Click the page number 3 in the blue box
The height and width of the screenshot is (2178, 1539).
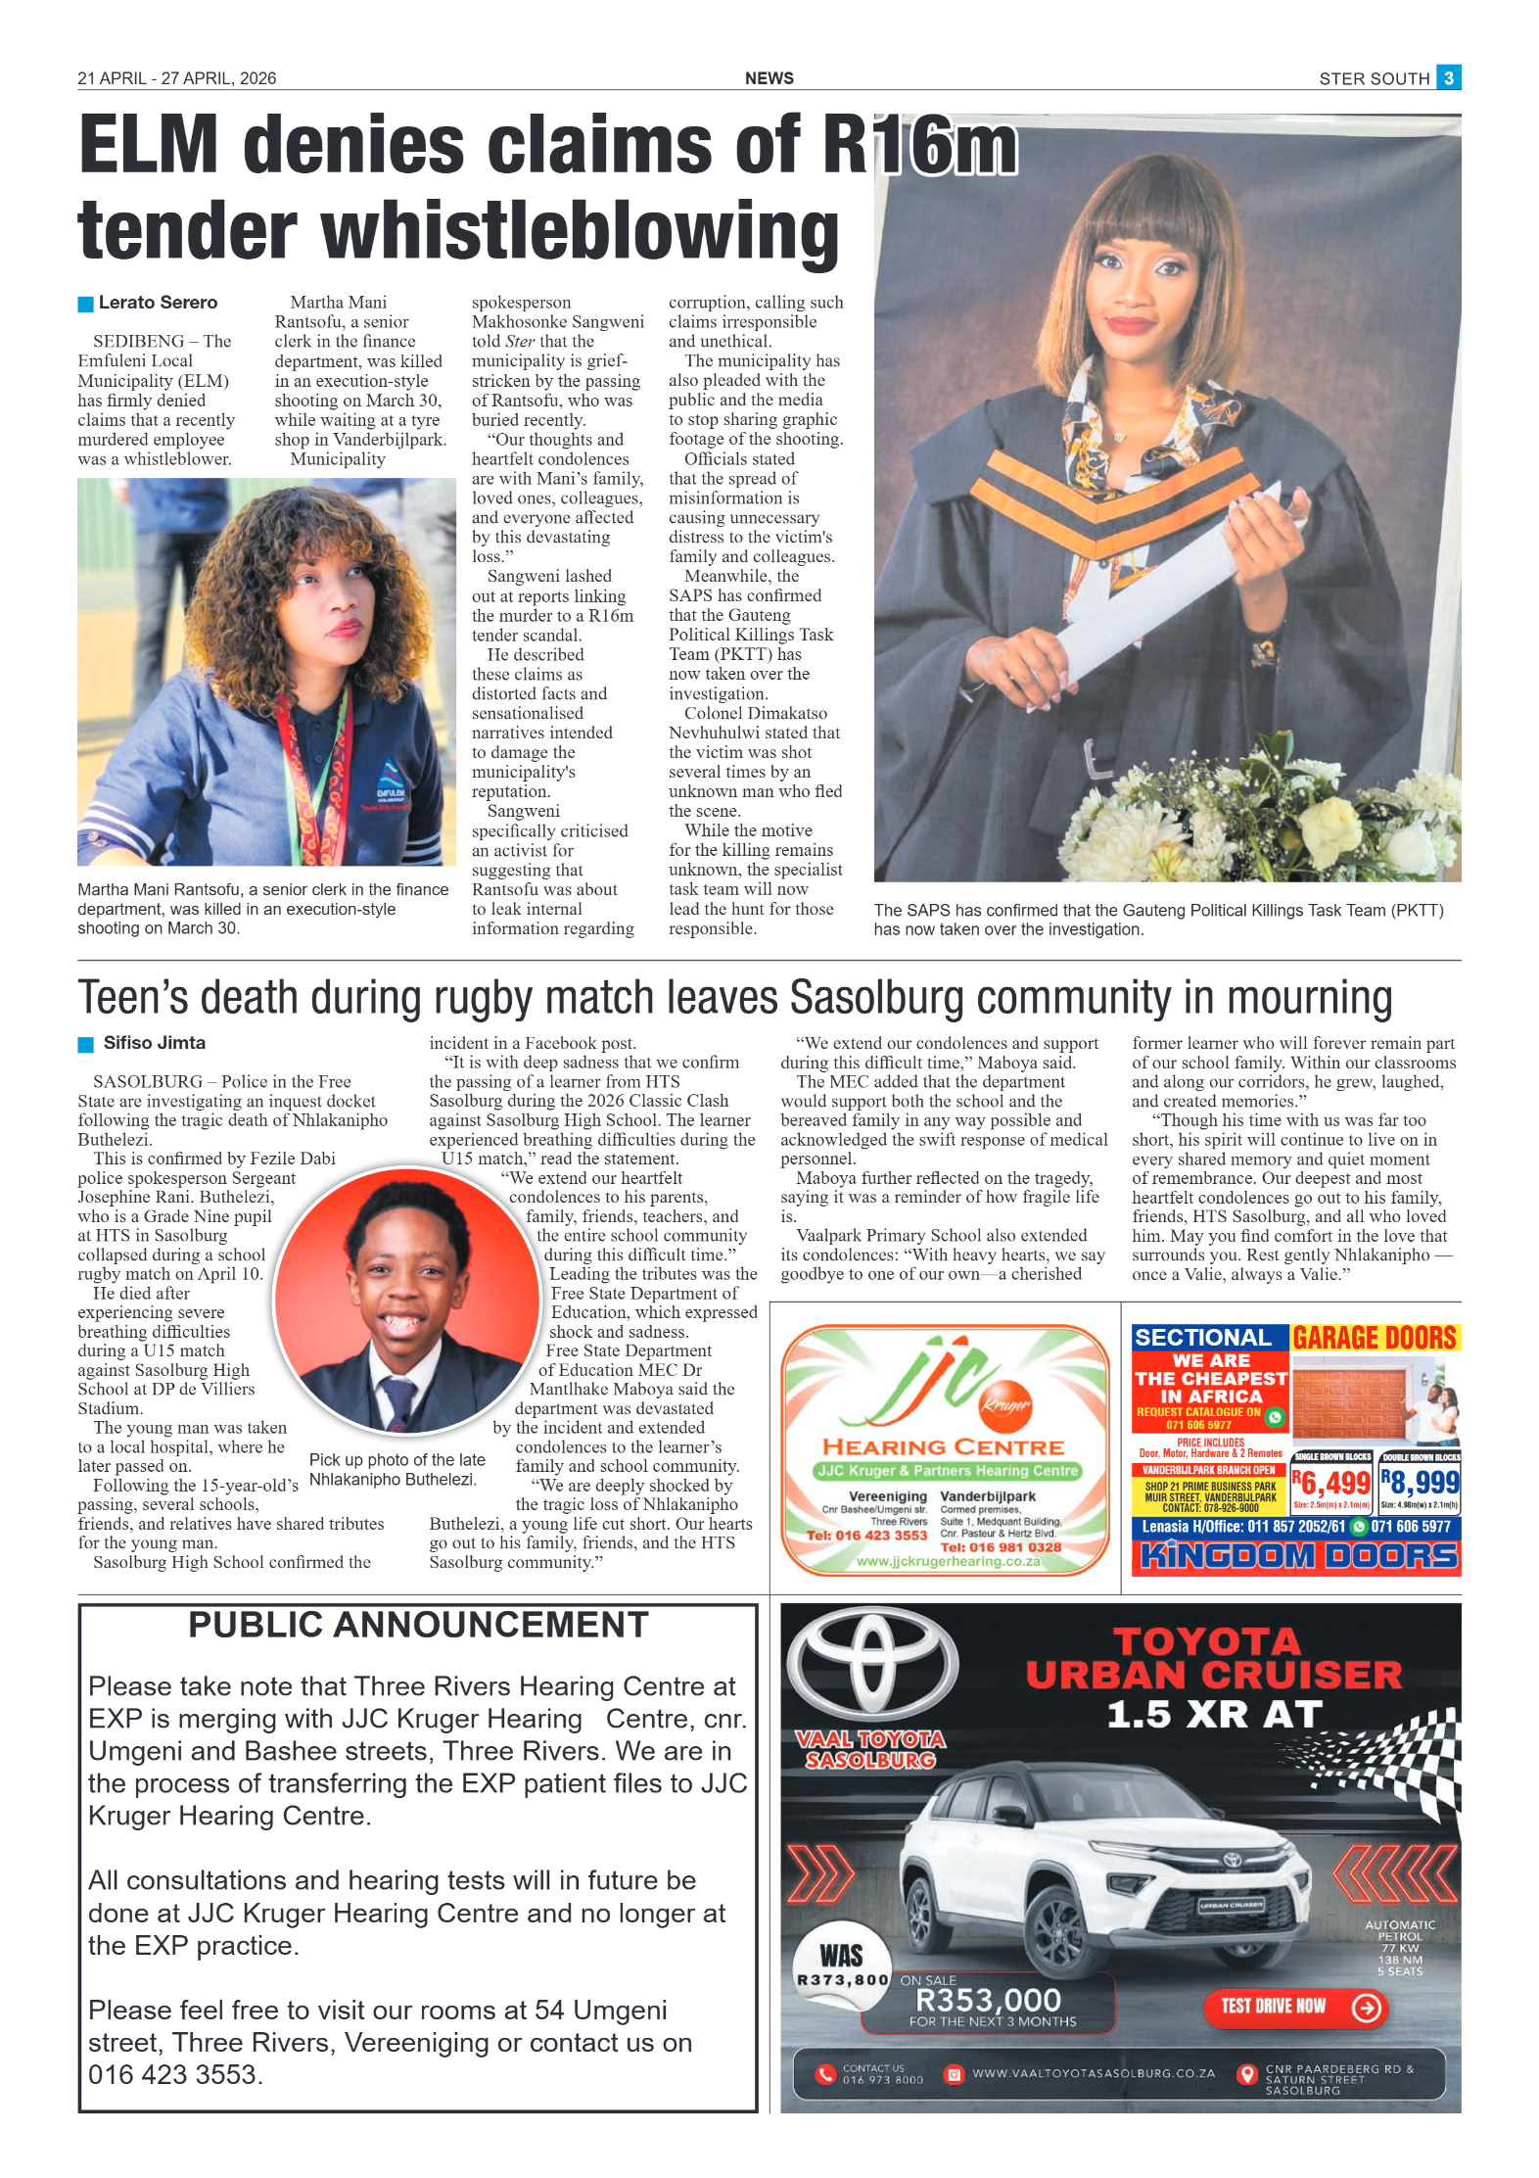point(1448,77)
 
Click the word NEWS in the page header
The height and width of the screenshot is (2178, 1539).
point(769,78)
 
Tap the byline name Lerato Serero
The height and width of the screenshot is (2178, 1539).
point(158,303)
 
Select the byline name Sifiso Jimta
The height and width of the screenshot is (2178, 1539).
point(155,1043)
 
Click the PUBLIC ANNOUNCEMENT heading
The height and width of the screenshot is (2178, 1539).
point(418,1625)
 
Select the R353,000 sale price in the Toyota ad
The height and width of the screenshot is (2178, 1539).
point(987,1999)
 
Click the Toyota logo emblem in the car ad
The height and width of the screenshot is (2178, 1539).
point(873,1665)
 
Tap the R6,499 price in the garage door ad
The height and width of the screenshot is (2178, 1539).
point(1331,1484)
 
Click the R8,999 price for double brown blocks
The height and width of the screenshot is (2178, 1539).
point(1420,1483)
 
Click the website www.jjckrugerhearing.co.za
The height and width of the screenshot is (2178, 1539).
point(948,1561)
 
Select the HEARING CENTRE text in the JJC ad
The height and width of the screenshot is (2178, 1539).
point(943,1447)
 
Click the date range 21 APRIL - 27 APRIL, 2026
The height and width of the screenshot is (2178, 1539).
point(177,78)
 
